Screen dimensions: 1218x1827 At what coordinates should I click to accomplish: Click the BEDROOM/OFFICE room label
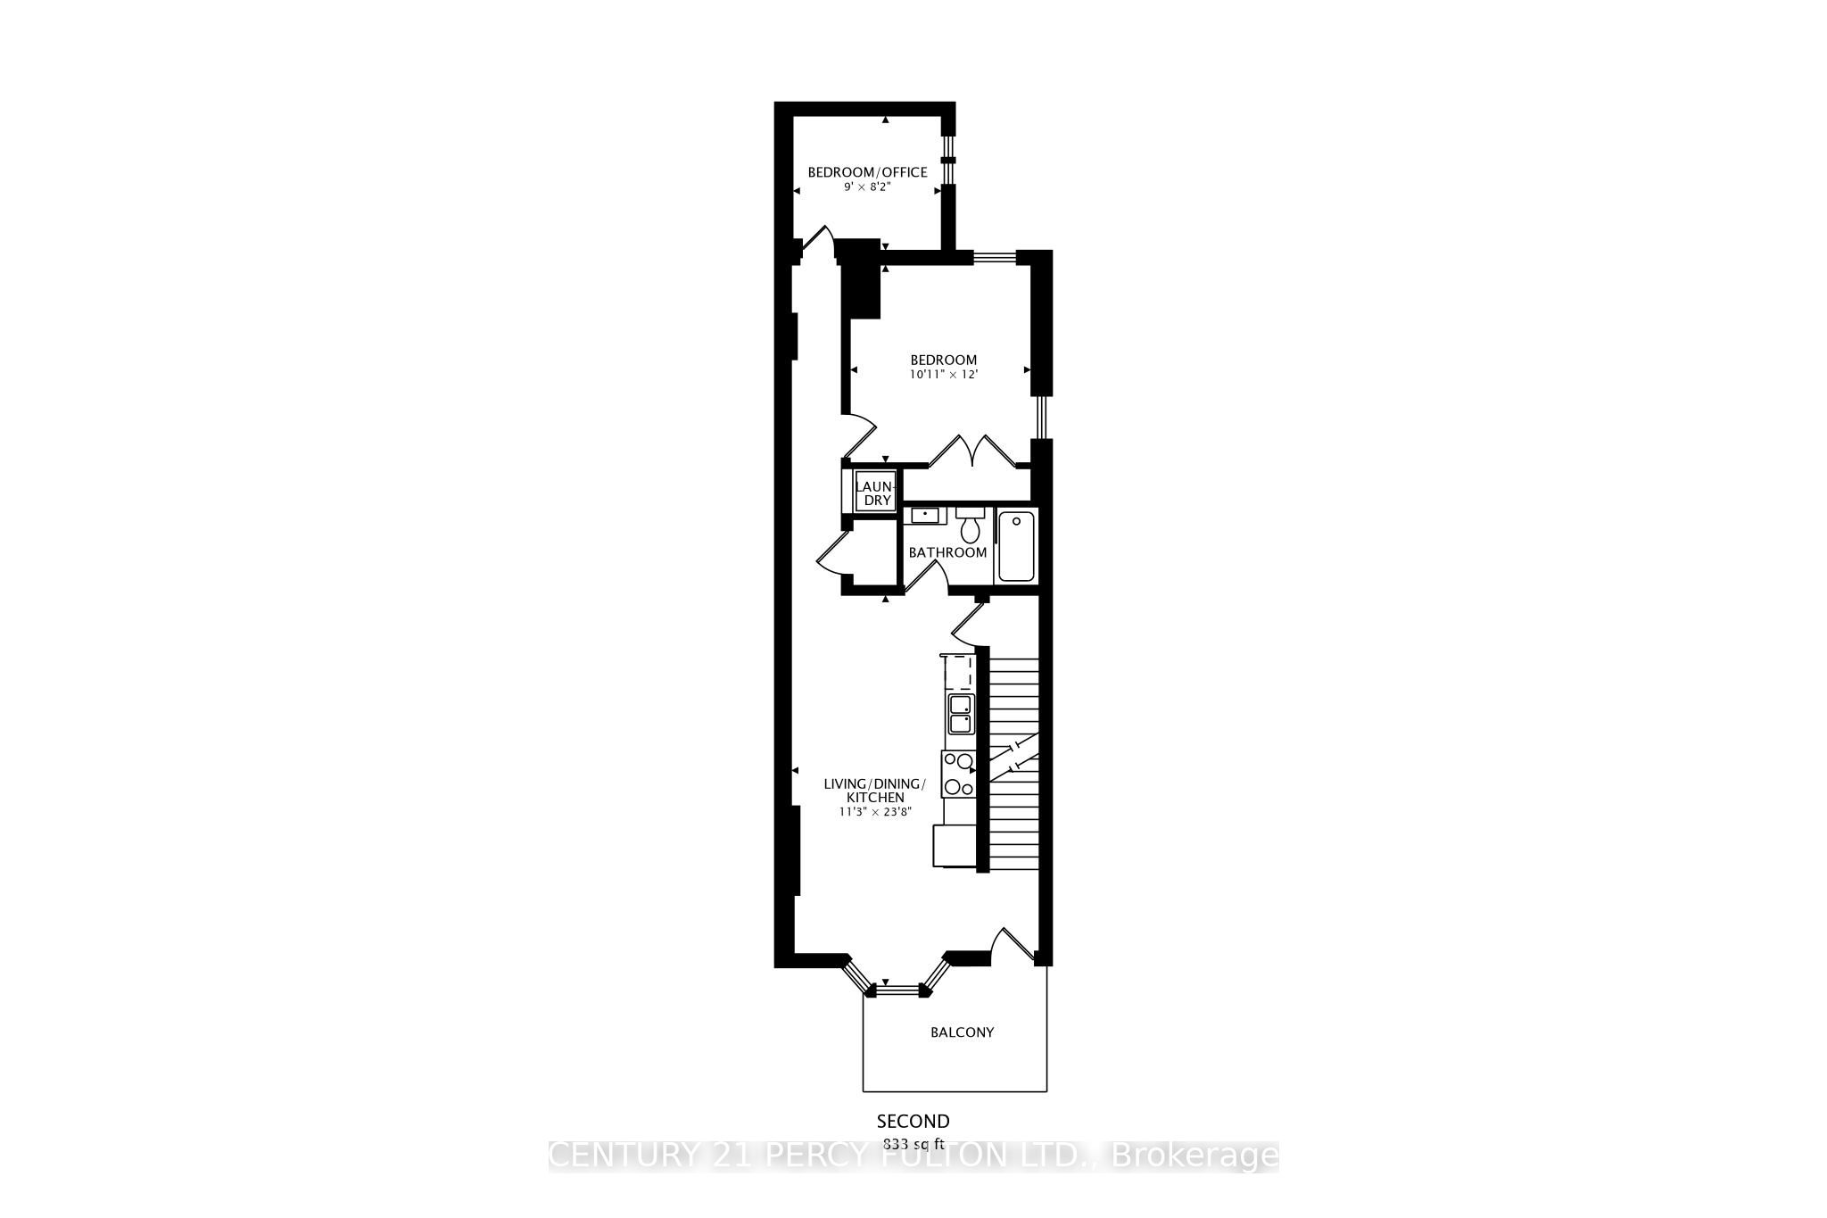coord(867,172)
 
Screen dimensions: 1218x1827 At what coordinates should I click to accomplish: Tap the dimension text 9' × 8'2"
coord(867,188)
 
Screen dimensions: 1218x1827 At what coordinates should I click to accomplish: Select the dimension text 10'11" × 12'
coord(944,375)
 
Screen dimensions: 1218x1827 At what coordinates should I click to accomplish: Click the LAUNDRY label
coord(873,493)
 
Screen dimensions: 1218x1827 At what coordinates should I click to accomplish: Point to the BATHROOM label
coord(947,552)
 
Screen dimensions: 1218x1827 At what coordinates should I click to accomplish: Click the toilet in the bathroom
coord(970,527)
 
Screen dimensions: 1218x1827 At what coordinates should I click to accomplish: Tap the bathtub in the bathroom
coord(1016,545)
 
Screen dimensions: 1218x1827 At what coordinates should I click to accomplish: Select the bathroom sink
coord(923,516)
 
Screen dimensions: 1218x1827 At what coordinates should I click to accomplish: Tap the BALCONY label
coord(962,1032)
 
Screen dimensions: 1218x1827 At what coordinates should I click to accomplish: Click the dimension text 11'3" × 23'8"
coord(874,812)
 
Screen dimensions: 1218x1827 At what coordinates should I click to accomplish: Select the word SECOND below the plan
coord(913,1122)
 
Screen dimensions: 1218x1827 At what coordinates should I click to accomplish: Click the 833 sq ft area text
coord(913,1143)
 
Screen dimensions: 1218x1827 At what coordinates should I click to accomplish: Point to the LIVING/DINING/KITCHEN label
coord(874,791)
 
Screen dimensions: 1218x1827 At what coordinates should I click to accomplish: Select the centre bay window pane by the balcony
coord(900,988)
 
